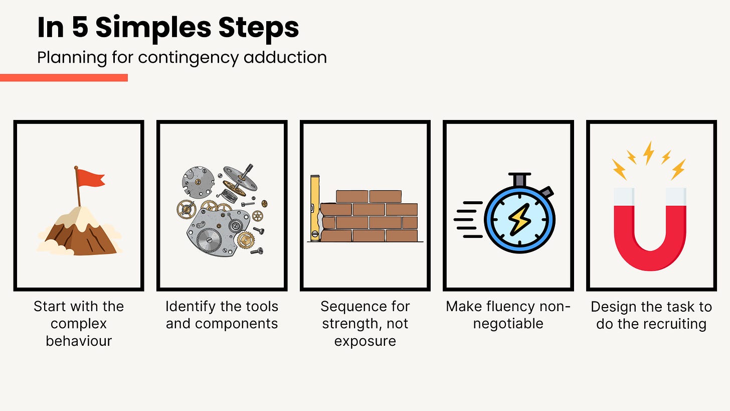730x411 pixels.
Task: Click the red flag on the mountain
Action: [x=91, y=178]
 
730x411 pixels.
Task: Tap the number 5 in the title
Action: [x=80, y=27]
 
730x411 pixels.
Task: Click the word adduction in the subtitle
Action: [x=285, y=57]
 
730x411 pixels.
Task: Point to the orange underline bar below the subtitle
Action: [x=64, y=78]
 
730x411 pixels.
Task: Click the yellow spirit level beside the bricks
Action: [x=315, y=208]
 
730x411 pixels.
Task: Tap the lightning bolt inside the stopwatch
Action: [x=519, y=219]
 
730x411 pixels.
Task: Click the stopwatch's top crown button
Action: [x=519, y=180]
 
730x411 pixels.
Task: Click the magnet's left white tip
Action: [x=624, y=197]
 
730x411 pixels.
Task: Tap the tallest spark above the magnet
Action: [x=649, y=153]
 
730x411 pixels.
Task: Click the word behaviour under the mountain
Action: [x=79, y=341]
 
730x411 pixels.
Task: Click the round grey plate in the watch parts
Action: [x=198, y=182]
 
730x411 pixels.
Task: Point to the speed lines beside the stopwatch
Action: [x=468, y=219]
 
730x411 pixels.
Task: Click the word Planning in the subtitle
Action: [x=72, y=58]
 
